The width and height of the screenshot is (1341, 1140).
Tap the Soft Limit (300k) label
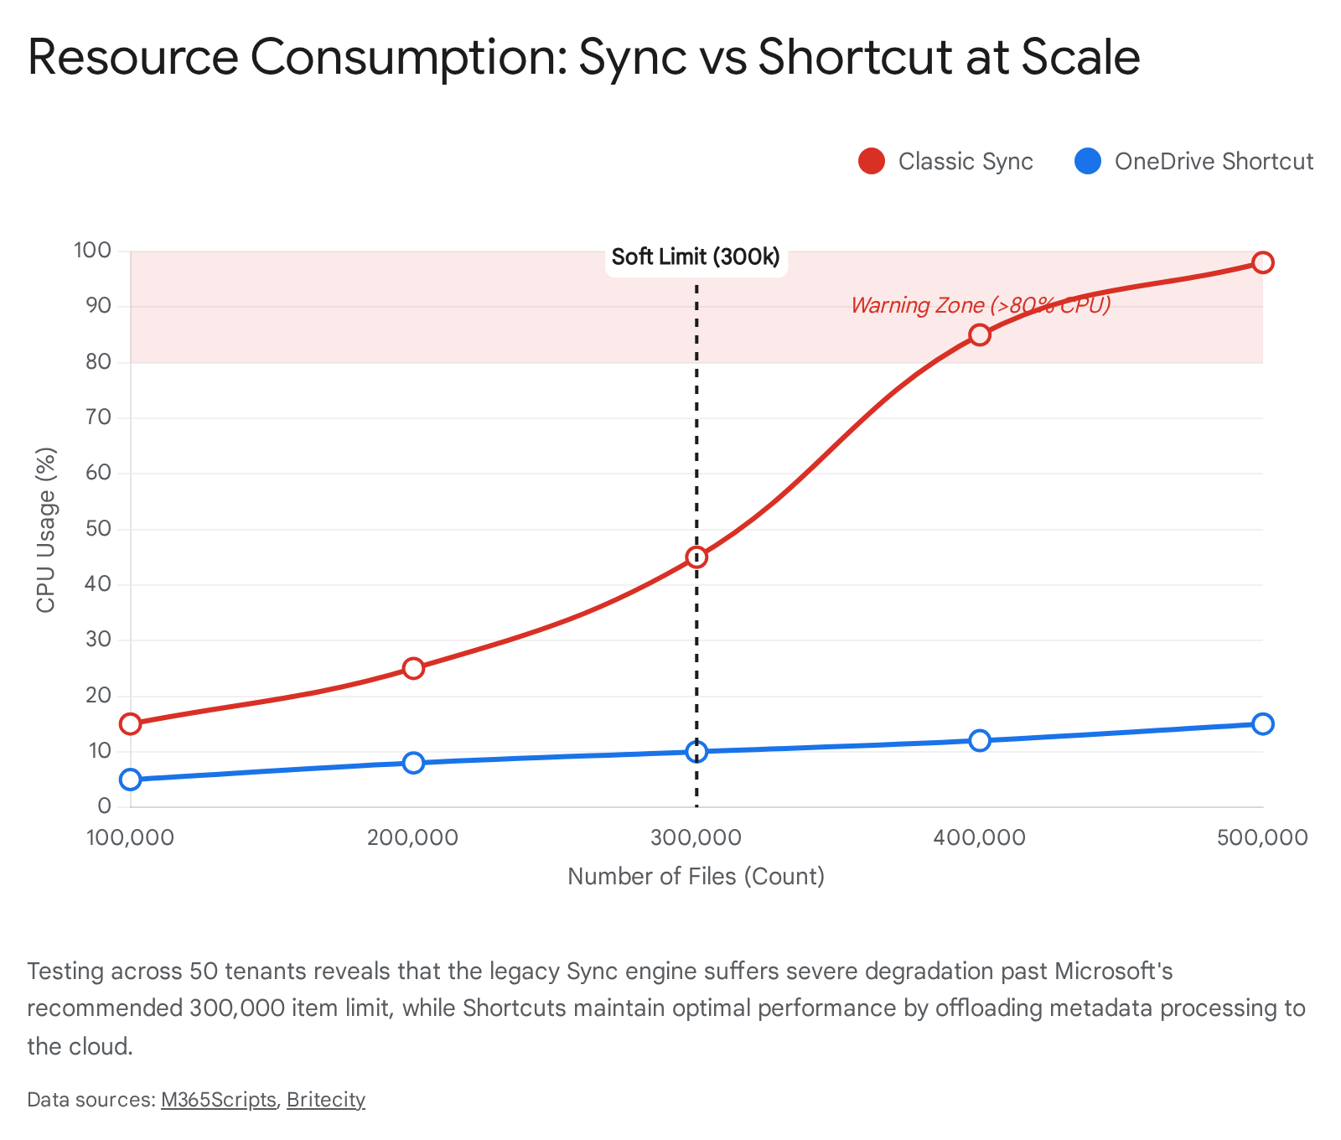coord(696,257)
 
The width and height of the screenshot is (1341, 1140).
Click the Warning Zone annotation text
coord(981,305)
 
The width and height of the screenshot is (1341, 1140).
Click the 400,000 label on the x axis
coord(979,837)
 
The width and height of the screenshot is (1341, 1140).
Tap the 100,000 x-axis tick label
coord(130,837)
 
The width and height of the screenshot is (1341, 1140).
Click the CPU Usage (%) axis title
coord(46,530)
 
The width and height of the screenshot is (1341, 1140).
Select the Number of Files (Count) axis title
coord(696,877)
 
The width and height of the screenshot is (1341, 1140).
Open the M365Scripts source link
coord(218,1100)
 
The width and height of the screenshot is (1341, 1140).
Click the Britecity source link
coord(326,1100)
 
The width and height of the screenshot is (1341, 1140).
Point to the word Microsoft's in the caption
coord(1113,972)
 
